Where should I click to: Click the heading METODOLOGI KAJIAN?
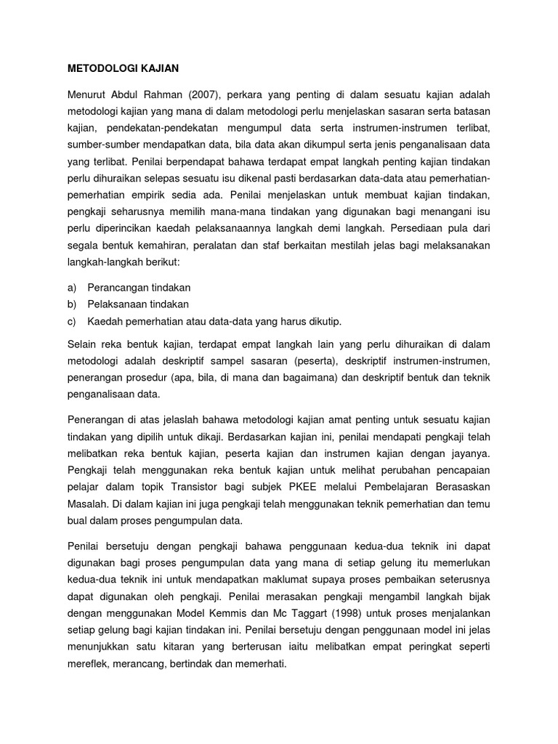coord(123,68)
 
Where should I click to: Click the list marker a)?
coord(73,288)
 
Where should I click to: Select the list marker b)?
coord(73,304)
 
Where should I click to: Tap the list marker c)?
coord(73,320)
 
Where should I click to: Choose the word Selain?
coord(84,344)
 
